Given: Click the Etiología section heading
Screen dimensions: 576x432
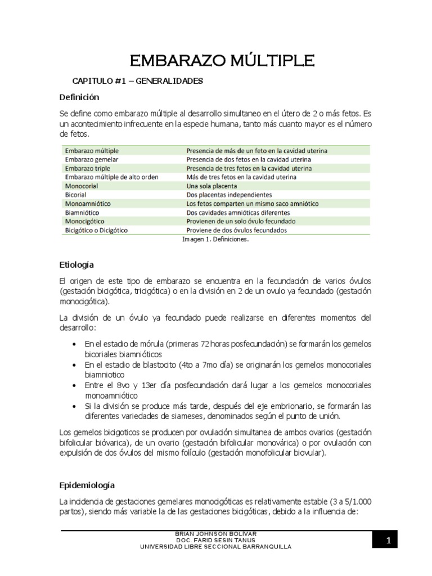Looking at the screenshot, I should coord(76,264).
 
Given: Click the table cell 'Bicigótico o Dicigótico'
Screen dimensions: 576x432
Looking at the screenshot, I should coord(97,230).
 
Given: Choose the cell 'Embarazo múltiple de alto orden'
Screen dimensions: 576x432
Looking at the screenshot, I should coord(111,177).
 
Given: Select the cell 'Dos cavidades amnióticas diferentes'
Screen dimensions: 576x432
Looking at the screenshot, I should coord(238,213).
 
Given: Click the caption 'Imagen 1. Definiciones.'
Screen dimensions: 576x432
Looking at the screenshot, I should coord(215,239).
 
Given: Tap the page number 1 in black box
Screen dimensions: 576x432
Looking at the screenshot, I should coord(388,541).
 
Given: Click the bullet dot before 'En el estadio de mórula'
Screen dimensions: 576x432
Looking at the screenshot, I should coord(76,344).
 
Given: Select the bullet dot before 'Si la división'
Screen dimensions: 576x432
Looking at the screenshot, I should coord(76,406).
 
